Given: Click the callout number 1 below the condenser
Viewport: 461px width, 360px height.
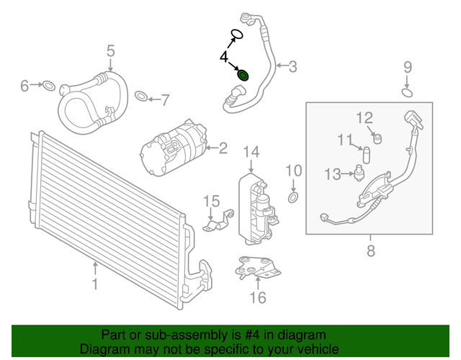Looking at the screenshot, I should click(x=95, y=284).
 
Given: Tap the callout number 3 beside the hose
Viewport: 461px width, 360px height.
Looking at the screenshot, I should click(x=292, y=67).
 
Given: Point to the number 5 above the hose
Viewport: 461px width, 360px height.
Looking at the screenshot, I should click(x=111, y=50).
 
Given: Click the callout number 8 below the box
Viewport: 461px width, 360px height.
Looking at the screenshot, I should click(x=371, y=251).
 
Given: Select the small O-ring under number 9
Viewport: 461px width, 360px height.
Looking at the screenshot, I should click(x=407, y=92).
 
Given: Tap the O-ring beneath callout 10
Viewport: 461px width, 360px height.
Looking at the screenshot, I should click(x=293, y=197).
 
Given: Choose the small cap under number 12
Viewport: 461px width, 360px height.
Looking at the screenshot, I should click(x=376, y=136).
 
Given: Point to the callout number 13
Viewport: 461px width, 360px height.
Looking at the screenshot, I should click(x=332, y=174).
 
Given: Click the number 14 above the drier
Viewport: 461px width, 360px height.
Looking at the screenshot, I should click(x=250, y=151).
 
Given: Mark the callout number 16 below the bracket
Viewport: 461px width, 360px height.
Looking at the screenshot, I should click(x=257, y=297).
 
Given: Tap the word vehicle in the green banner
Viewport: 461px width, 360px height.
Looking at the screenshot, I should click(x=304, y=348).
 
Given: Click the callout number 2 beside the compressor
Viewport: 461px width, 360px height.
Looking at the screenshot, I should click(x=222, y=148).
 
